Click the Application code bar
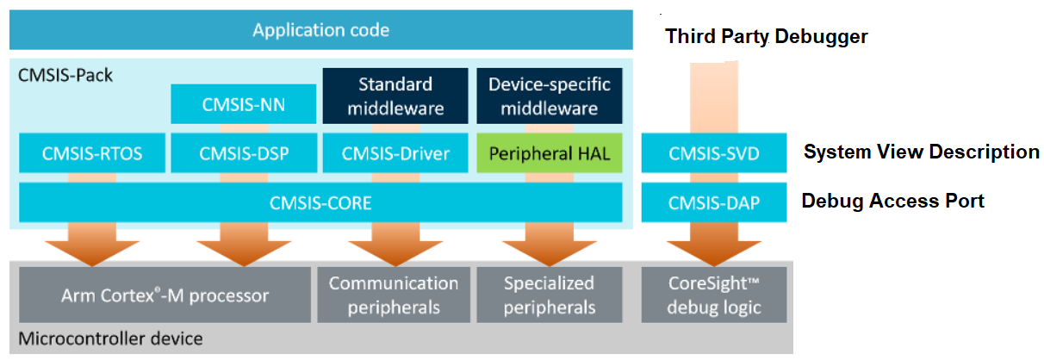(x=320, y=30)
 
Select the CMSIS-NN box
(x=244, y=104)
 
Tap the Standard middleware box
(x=395, y=96)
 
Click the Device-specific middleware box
(x=549, y=96)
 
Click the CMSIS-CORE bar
(x=320, y=202)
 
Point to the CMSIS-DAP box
(x=713, y=202)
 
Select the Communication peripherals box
(x=394, y=295)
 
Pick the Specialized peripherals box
(x=549, y=295)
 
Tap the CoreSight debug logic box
(x=714, y=295)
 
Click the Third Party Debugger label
(x=766, y=37)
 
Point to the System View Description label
(x=921, y=152)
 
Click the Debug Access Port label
(x=892, y=201)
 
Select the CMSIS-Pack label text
(x=65, y=75)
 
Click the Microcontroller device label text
(x=110, y=338)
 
